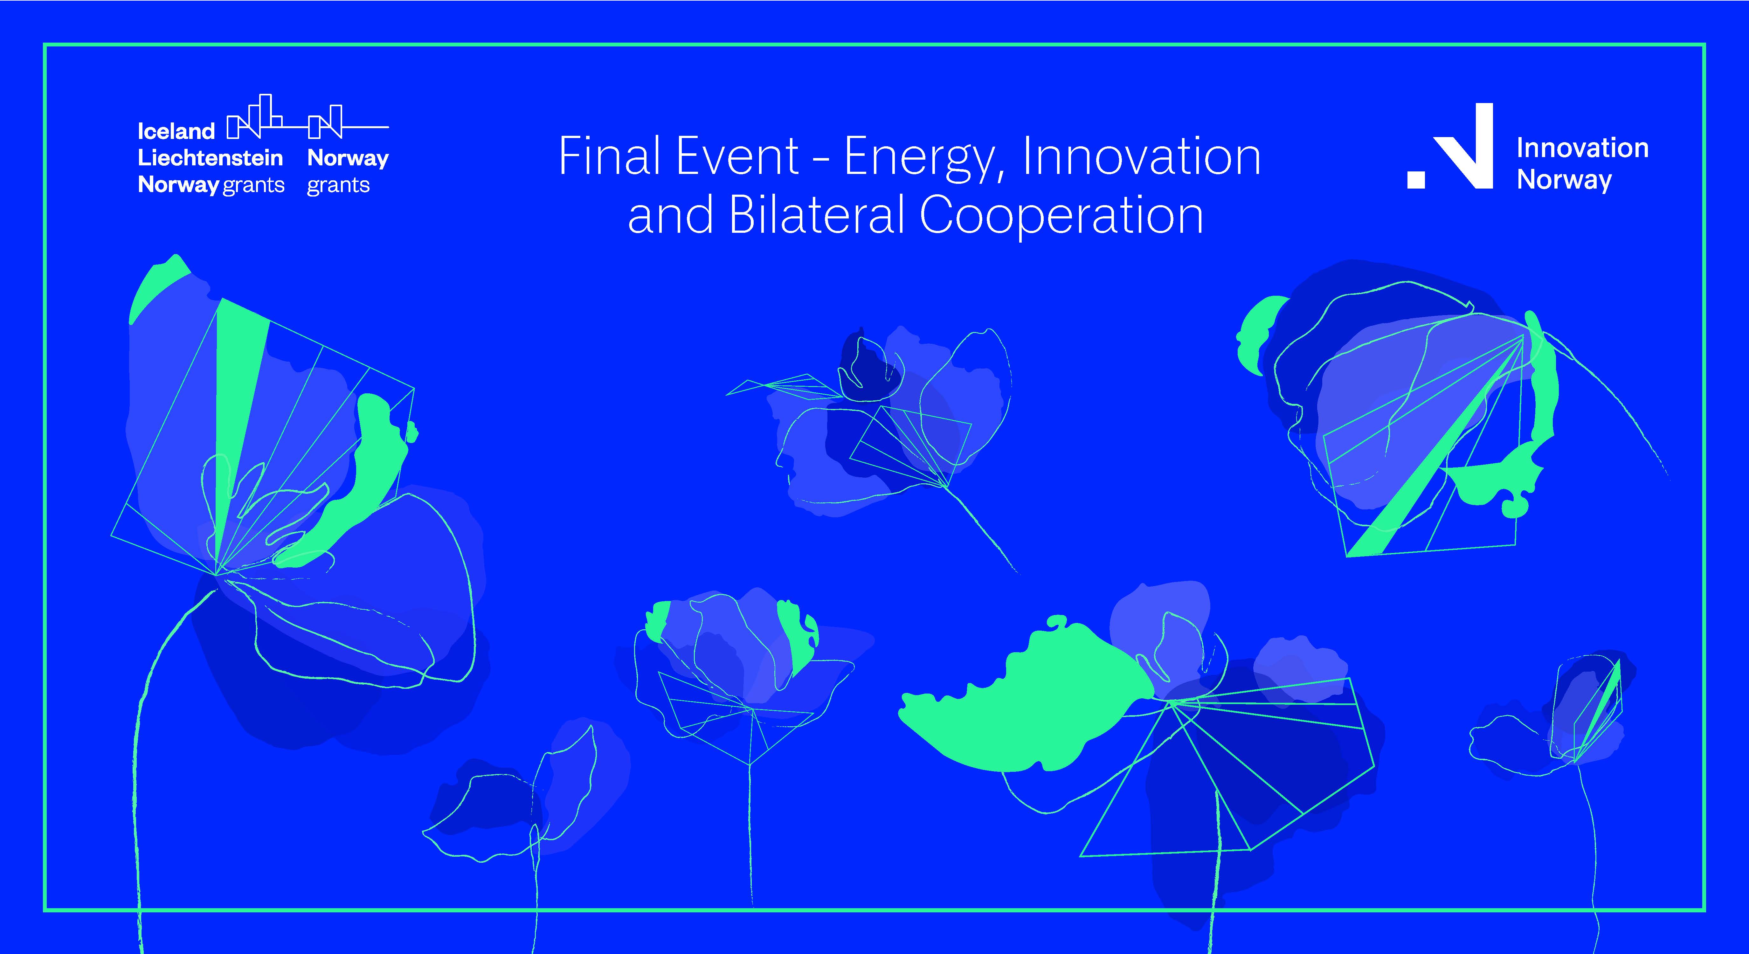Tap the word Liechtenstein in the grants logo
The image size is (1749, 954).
click(x=210, y=158)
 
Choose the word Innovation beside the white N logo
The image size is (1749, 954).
click(x=1582, y=148)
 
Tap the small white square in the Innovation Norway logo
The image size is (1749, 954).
click(x=1416, y=179)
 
